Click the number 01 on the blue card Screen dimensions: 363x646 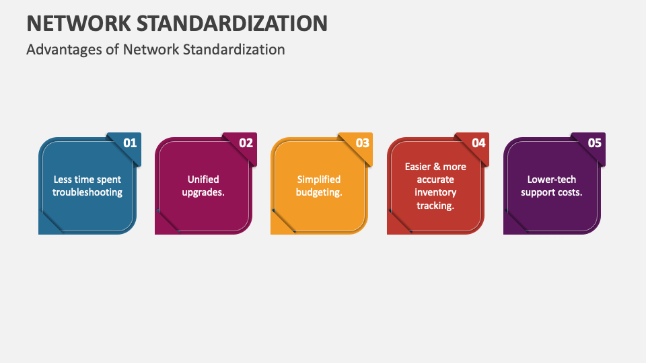130,143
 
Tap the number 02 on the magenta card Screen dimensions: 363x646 246,143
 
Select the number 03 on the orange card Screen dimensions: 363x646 363,143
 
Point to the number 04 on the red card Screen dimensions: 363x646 478,143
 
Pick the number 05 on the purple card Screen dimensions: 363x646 595,143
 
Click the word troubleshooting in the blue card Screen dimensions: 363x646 87,192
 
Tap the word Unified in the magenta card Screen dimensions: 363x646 203,179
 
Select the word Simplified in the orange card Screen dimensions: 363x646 319,179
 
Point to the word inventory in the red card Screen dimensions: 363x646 435,192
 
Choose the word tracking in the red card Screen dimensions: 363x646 435,205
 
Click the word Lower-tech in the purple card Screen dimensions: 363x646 552,179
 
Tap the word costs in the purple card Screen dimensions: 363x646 569,192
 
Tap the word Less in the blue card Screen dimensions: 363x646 63,179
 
